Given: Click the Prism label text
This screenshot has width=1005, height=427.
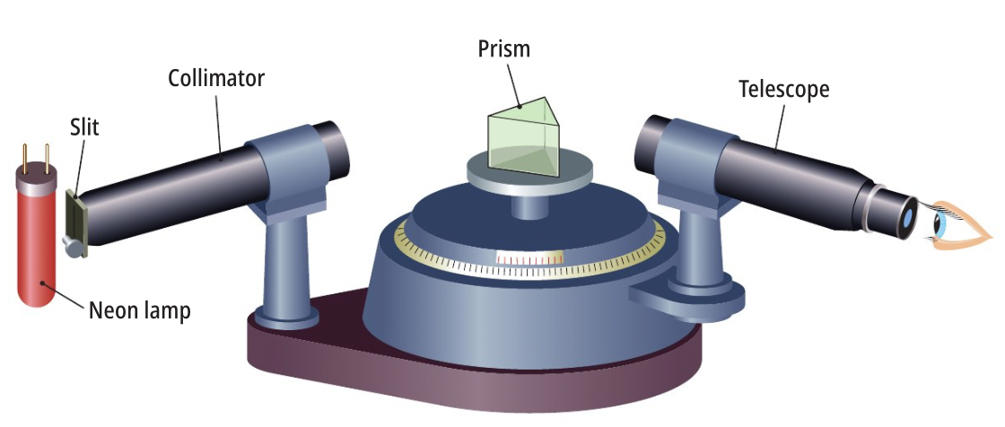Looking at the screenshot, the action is (503, 48).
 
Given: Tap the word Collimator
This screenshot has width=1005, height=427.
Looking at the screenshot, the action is (216, 78).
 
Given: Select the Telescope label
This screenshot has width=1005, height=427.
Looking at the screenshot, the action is (783, 89).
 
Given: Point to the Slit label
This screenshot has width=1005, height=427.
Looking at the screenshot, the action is (84, 127).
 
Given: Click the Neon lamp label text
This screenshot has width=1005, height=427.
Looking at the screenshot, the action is (139, 310).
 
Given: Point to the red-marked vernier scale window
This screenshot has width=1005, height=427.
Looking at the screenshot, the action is (530, 258).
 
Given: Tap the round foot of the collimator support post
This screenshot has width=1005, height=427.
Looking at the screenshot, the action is (286, 316).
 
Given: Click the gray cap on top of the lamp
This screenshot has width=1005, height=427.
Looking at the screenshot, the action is (38, 180).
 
